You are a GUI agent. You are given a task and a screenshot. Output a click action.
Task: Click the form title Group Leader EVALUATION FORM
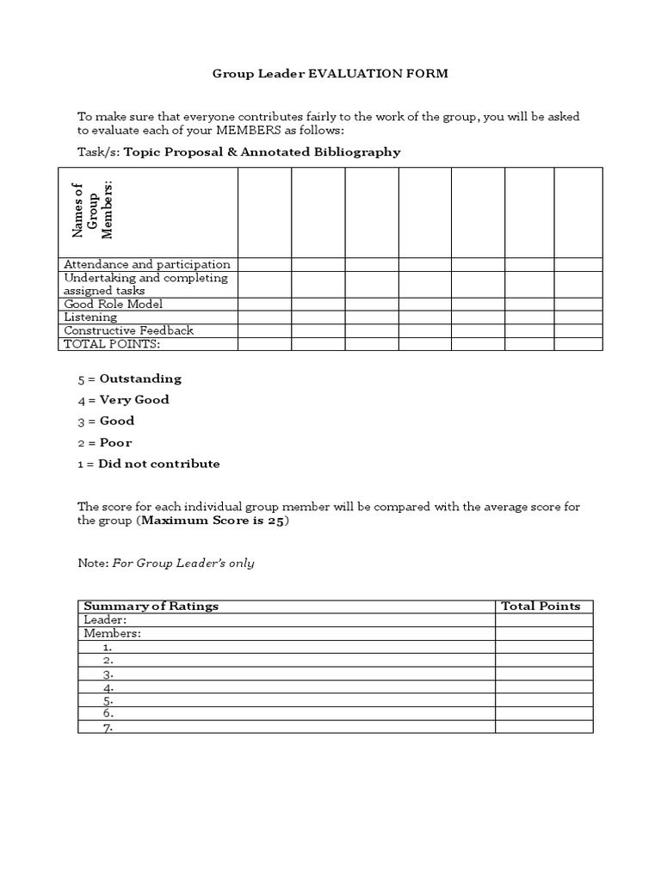click(x=330, y=74)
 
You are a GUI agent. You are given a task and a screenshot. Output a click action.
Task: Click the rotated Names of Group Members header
click(x=93, y=211)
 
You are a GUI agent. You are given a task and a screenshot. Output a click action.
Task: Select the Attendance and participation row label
click(x=146, y=264)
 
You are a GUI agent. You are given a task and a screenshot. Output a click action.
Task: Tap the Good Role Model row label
click(x=113, y=304)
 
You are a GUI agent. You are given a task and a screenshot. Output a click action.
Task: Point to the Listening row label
click(x=90, y=317)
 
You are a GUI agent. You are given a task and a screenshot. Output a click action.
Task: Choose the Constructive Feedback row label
click(x=128, y=330)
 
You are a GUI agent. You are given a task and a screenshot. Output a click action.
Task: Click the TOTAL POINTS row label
click(x=112, y=344)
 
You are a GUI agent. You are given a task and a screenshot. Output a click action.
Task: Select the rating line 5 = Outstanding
click(x=129, y=379)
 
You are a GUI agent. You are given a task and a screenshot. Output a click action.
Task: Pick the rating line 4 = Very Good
click(x=123, y=399)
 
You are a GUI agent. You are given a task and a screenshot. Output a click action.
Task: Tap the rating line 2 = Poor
click(x=105, y=442)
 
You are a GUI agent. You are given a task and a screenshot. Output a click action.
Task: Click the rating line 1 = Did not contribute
click(x=149, y=464)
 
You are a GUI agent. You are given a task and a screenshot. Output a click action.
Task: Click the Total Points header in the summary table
click(x=541, y=606)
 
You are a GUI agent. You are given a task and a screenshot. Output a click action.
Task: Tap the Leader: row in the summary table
click(x=105, y=619)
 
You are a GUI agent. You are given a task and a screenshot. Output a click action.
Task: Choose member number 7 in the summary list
click(x=108, y=727)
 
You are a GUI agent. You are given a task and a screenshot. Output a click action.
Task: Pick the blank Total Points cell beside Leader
click(x=543, y=619)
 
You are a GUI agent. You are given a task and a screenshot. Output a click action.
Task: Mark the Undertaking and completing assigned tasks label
click(x=145, y=284)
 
